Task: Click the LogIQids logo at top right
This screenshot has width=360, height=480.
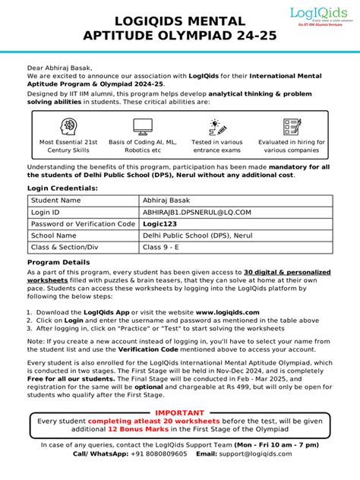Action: click(x=320, y=16)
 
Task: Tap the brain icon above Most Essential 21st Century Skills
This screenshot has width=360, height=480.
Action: click(x=68, y=126)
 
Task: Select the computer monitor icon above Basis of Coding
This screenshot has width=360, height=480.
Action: click(x=143, y=126)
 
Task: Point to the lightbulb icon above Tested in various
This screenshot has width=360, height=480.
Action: click(x=217, y=126)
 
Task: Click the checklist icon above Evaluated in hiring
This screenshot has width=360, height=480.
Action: click(x=292, y=126)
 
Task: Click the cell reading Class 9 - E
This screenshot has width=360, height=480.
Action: click(x=163, y=248)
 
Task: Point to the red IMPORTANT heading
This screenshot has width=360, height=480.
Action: click(x=180, y=412)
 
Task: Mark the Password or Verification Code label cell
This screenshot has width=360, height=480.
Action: click(x=82, y=224)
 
